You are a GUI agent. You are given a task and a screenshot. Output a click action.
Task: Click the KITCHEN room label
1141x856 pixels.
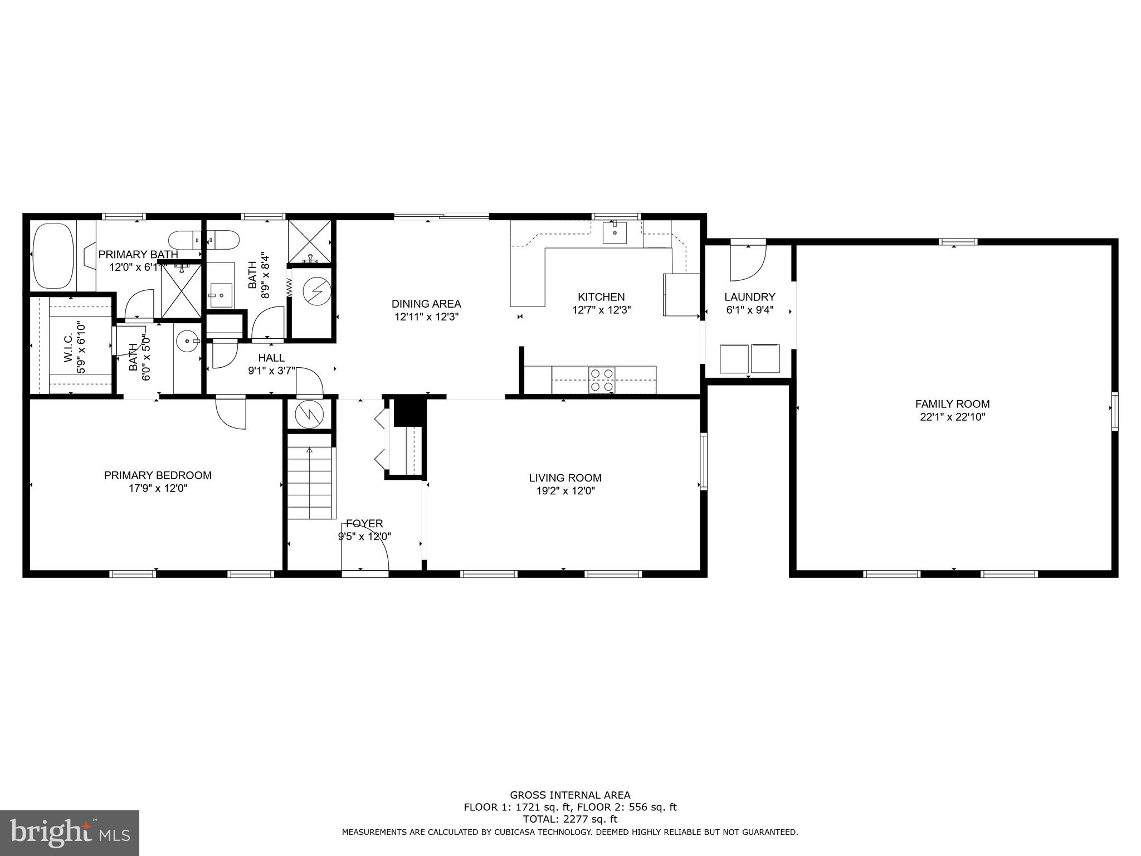[601, 297]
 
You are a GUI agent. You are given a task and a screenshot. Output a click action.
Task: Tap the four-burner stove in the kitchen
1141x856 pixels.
[602, 380]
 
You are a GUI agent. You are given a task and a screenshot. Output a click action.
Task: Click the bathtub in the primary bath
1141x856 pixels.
[53, 256]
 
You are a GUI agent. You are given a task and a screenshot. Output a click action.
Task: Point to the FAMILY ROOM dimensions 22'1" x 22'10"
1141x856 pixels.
[952, 417]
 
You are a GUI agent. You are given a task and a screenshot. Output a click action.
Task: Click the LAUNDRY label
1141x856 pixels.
[749, 297]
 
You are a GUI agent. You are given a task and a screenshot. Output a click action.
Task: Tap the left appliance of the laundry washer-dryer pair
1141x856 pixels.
[734, 359]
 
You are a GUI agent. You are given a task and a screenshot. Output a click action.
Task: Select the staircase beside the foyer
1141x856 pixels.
[310, 483]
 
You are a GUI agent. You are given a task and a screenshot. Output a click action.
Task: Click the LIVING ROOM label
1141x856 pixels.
[565, 478]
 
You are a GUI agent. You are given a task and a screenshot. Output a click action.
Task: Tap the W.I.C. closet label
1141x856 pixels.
[67, 348]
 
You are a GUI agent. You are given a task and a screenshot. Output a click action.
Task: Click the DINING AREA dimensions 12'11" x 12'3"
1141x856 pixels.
[426, 317]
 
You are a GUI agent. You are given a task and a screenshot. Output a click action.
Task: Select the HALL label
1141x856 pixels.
[271, 358]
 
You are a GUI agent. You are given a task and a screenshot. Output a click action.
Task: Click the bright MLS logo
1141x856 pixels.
[69, 833]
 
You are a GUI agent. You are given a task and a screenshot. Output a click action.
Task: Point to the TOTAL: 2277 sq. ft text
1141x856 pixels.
[570, 819]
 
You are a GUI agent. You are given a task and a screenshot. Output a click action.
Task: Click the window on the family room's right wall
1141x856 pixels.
[1114, 411]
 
